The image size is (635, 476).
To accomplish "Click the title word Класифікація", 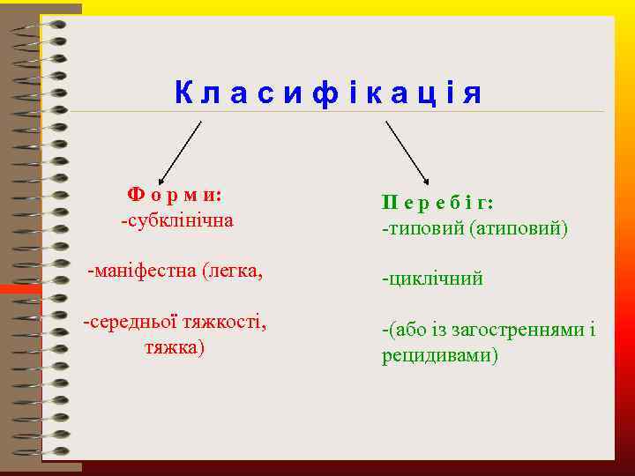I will [328, 93].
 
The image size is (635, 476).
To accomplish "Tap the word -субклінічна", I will [177, 219].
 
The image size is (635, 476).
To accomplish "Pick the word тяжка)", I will [175, 347].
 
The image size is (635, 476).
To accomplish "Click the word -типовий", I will [422, 228].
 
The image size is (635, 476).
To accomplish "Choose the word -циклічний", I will [432, 279].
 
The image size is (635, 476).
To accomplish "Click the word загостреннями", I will [522, 331].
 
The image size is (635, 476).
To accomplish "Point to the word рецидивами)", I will [440, 356].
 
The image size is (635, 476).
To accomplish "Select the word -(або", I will [401, 331].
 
